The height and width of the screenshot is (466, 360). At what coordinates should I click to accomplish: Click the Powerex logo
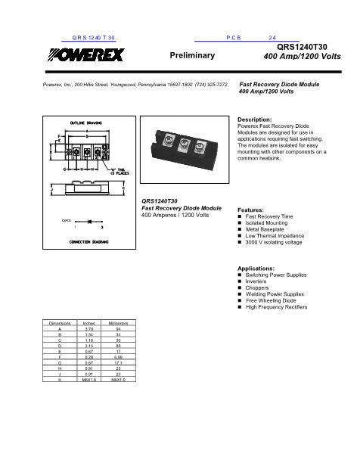click(x=85, y=54)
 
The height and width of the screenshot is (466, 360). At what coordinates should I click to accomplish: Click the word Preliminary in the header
click(x=193, y=56)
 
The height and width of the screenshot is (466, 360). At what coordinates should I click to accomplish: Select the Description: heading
click(x=255, y=120)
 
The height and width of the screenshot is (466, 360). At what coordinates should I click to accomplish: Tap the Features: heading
click(x=250, y=209)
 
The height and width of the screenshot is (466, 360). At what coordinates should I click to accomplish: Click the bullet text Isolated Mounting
click(x=265, y=223)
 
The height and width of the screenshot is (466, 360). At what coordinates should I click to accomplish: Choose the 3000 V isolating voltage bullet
click(x=274, y=242)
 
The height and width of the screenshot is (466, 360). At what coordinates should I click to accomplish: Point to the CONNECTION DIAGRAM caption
click(x=88, y=241)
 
